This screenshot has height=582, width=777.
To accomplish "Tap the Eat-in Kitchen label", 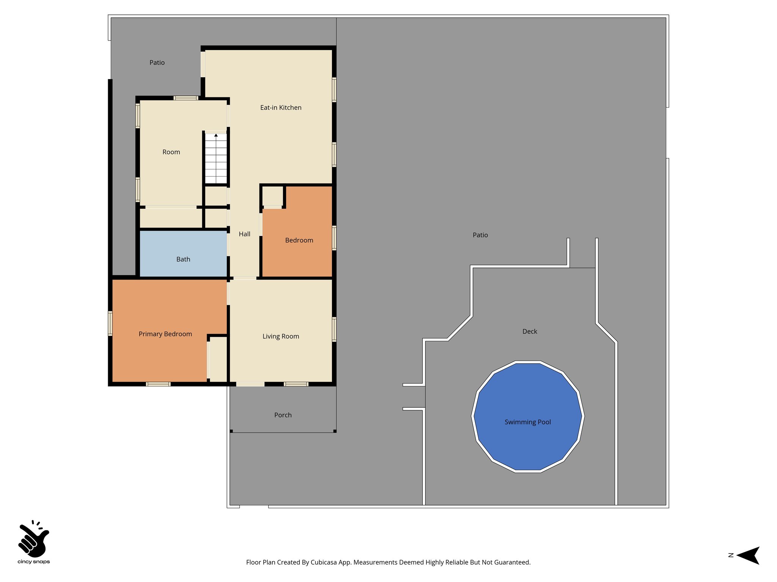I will tap(281, 108).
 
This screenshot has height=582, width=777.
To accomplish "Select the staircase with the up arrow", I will tap(216, 158).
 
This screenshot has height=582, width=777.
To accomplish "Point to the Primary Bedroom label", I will tap(165, 334).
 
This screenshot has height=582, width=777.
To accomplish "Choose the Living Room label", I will tap(281, 336).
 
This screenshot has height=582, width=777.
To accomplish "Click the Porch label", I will tap(283, 415).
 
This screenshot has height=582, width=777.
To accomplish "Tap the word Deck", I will tap(530, 332).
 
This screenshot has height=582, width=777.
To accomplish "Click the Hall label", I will tap(245, 234).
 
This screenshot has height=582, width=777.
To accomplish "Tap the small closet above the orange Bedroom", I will tap(273, 196).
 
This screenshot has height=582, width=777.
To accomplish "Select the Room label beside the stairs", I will tap(171, 152).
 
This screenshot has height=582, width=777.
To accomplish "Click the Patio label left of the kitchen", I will tap(157, 63).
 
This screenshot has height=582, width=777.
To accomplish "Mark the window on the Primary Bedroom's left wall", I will tap(110, 323).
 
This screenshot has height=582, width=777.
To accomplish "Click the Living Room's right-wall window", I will tap(334, 329).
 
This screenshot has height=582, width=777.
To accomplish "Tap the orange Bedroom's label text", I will tap(299, 240).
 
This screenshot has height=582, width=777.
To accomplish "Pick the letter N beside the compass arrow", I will tap(731, 555).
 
